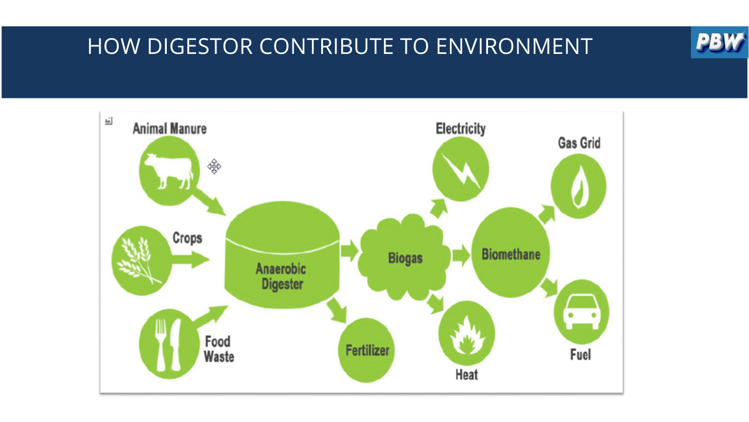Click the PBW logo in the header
719,42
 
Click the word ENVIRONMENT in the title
514,46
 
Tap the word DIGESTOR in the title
200,46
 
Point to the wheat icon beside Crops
139,260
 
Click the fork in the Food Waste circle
161,345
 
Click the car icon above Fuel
582,312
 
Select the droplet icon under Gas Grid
579,186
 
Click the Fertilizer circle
366,350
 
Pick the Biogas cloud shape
404,257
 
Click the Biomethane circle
511,253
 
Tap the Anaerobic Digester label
281,276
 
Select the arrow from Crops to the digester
191,260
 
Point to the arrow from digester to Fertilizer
337,311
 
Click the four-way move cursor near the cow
214,166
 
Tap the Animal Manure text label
170,129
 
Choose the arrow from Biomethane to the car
549,287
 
